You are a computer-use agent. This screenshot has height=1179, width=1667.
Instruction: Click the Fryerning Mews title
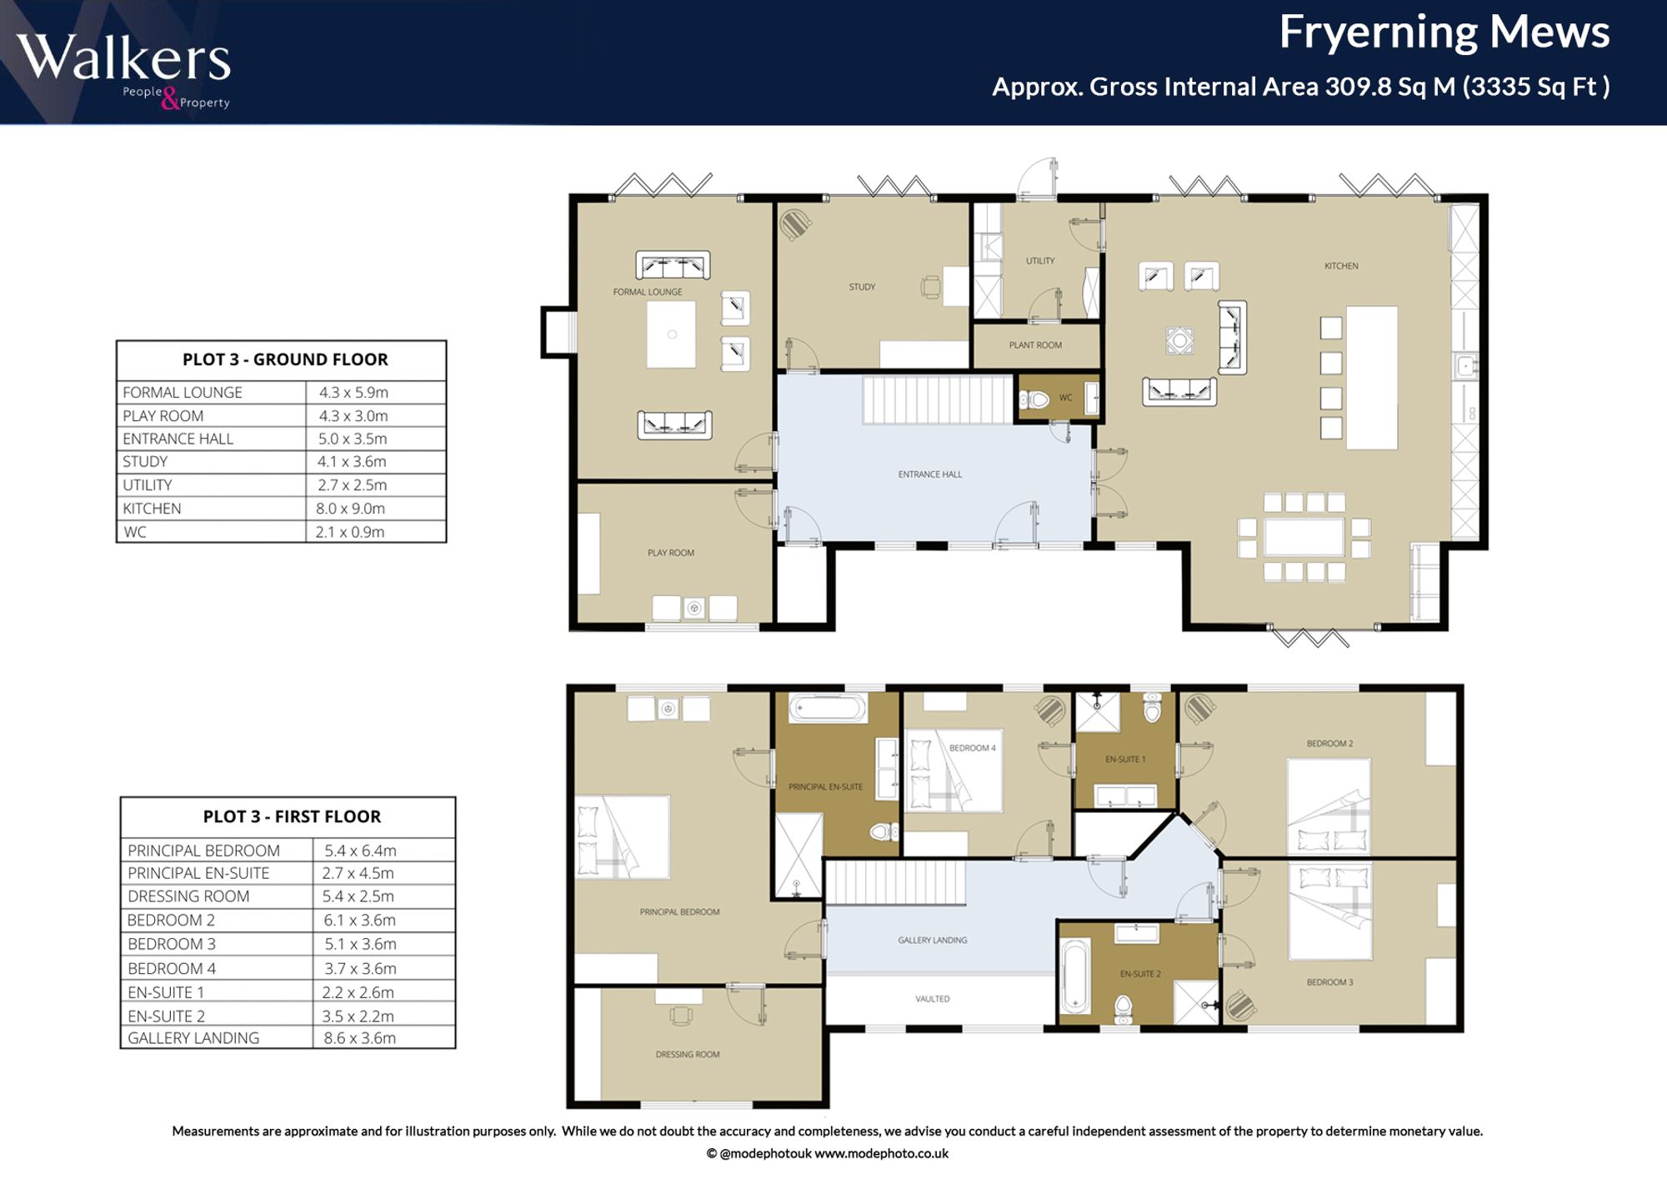coord(1444,33)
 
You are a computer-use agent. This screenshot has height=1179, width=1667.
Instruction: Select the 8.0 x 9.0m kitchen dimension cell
coord(350,509)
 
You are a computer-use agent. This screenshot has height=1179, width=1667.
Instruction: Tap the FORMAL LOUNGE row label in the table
coord(183,393)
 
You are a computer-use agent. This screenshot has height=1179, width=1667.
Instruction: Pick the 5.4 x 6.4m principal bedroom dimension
coord(360,850)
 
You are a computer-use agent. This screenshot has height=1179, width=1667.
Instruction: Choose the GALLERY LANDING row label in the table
coord(193,1038)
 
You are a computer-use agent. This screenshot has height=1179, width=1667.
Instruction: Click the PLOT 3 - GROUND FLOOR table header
coord(285,359)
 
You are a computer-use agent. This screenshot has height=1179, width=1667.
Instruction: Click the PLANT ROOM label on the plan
coord(1035,345)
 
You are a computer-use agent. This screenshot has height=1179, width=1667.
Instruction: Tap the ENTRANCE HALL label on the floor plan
coord(930,474)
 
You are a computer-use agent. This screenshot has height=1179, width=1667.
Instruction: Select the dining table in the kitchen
coord(1304,537)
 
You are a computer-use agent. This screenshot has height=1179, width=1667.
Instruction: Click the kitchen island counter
coord(1372,378)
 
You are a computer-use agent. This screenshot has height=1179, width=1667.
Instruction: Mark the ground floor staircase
coord(937,400)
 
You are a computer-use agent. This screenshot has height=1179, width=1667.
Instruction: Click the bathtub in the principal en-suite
coord(828,709)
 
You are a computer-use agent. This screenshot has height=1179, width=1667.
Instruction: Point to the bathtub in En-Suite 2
coord(1074,976)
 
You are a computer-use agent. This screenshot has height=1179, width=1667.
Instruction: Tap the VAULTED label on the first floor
coord(932,999)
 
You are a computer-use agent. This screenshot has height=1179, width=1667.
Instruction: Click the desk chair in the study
coord(931,288)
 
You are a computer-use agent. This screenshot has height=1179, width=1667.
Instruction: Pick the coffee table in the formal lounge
coord(671,334)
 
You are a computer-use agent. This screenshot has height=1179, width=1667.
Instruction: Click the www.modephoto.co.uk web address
coord(881,1154)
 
